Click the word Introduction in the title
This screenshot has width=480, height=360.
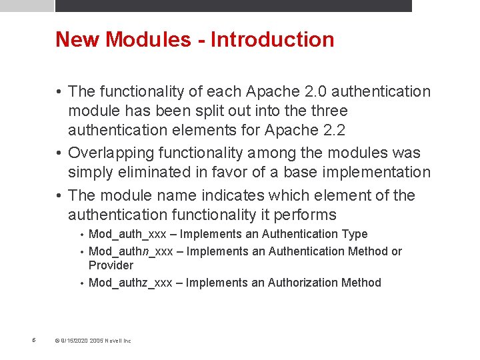(272, 39)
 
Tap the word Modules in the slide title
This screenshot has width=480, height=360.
(148, 39)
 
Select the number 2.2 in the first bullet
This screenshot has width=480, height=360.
(334, 130)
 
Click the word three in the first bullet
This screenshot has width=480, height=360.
(325, 111)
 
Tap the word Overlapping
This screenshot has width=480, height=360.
(108, 153)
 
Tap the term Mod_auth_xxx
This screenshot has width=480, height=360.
(127, 234)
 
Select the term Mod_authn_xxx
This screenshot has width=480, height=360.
(131, 251)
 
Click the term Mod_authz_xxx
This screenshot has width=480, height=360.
(131, 283)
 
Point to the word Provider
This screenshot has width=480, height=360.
(111, 265)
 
